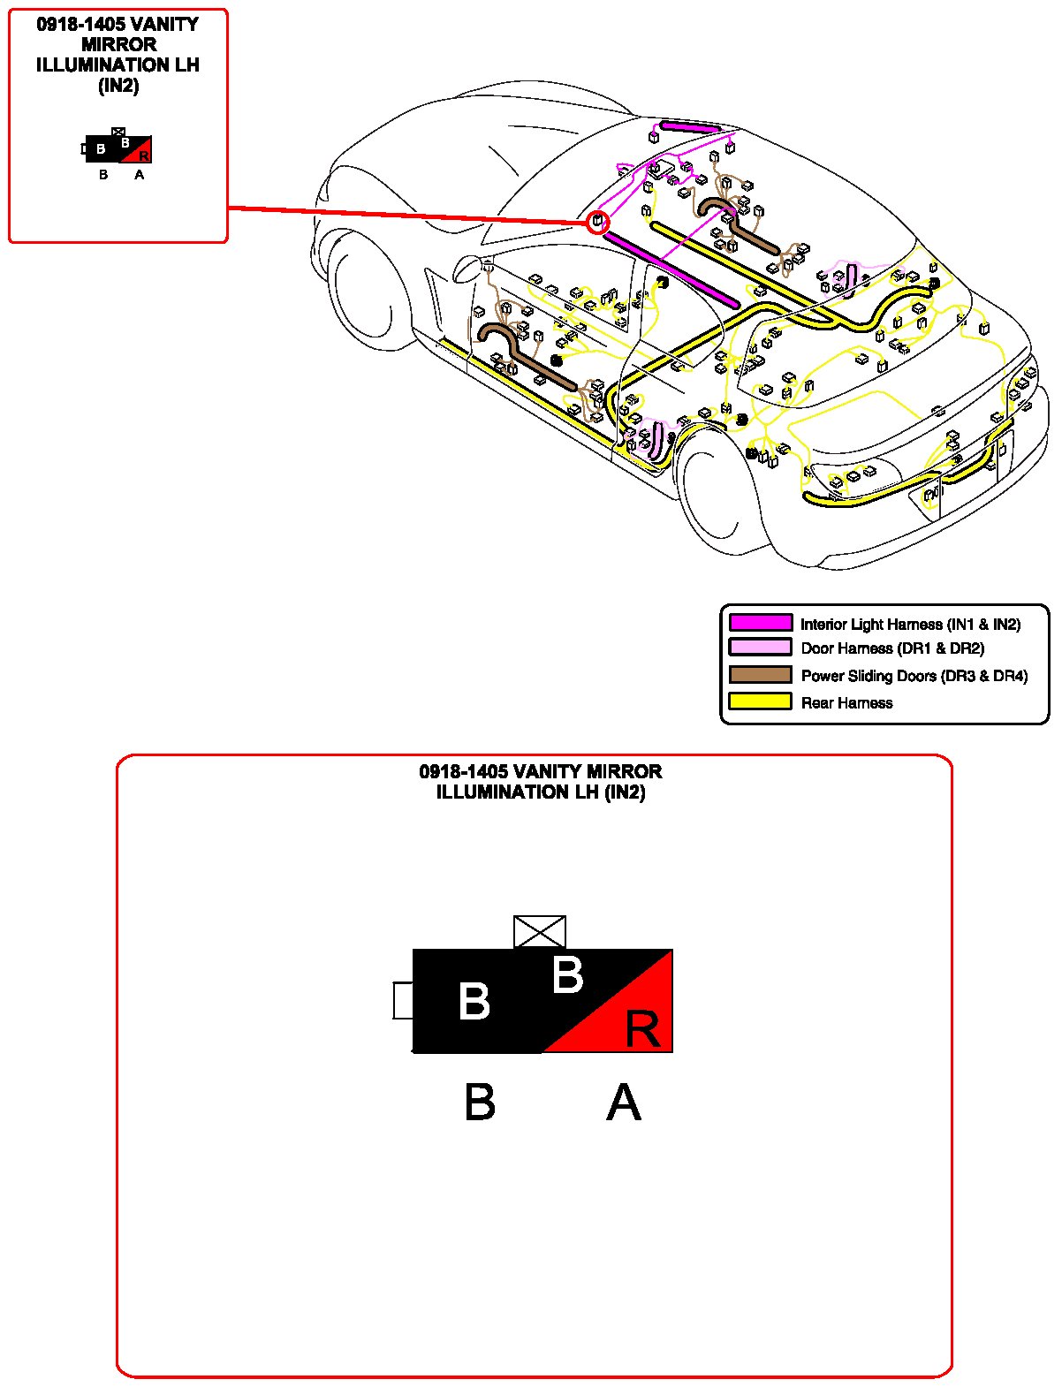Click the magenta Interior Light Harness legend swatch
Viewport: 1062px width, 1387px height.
coord(760,623)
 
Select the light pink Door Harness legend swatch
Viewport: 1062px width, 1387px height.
coord(760,648)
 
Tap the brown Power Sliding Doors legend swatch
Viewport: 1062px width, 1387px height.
coord(760,675)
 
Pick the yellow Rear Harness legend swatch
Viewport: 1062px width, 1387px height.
coord(760,701)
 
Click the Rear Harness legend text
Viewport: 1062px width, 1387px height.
coord(846,703)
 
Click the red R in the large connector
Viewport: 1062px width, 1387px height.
coord(642,1029)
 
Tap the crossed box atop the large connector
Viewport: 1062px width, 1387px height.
coord(540,932)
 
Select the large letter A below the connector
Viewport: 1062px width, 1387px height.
coord(624,1103)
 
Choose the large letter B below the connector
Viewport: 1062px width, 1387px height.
coord(480,1103)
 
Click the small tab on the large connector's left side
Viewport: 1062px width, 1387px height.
coord(403,1000)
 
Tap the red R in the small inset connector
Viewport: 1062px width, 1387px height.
coord(144,156)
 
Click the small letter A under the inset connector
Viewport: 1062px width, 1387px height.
coord(140,175)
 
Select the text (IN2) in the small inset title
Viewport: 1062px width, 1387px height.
coord(118,86)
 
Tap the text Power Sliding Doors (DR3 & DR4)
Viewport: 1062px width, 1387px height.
coord(914,676)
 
